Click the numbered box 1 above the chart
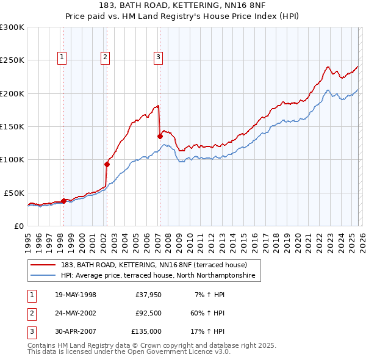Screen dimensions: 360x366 (63, 57)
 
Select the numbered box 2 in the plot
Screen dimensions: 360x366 (106, 57)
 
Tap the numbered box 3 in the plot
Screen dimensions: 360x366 (158, 57)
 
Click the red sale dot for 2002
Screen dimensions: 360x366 (107, 164)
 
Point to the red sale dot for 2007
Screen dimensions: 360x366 (160, 136)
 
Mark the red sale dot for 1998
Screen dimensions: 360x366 (63, 200)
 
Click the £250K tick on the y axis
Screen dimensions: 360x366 (12, 60)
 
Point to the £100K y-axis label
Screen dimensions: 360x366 (12, 159)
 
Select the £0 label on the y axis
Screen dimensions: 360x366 (18, 226)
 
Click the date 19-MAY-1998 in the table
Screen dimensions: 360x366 (76, 295)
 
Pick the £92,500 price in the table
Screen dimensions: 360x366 (148, 313)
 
